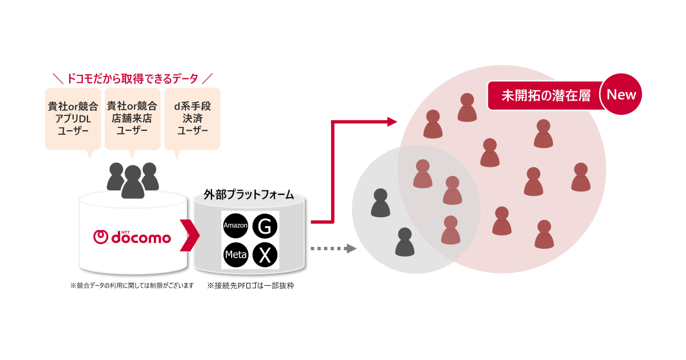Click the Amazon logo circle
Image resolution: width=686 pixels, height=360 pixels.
click(236, 226)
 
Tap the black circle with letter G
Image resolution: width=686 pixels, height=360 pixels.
click(264, 226)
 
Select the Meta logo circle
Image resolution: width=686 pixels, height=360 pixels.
click(236, 255)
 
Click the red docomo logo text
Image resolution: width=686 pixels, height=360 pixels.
click(133, 236)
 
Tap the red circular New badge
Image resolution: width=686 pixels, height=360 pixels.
click(621, 94)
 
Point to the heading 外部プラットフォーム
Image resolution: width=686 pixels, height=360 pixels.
click(249, 195)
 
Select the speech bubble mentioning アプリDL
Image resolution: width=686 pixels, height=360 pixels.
click(73, 119)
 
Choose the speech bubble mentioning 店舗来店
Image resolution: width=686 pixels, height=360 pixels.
click(132, 119)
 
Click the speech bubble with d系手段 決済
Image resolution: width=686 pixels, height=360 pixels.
click(192, 119)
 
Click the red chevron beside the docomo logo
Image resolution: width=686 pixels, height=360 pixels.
click(189, 235)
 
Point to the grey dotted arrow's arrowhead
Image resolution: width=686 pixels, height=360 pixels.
click(351, 249)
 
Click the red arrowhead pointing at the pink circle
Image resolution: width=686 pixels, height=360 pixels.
click(392, 121)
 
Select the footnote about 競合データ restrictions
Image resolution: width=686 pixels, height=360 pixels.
click(132, 285)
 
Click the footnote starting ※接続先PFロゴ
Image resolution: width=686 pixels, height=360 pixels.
click(250, 285)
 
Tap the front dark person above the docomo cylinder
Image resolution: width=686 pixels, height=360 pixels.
click(133, 182)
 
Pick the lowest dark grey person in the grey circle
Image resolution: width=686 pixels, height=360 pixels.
click(405, 242)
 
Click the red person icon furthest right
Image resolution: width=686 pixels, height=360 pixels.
click(581, 177)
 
